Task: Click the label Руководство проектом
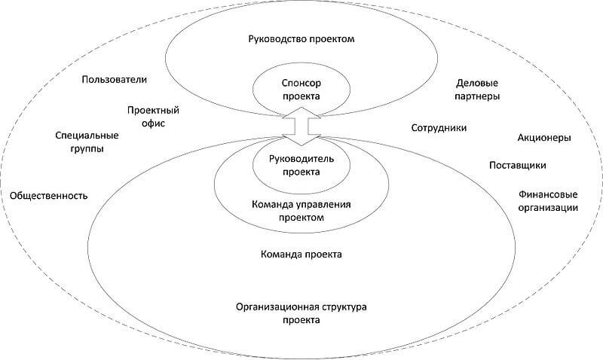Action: [301, 40]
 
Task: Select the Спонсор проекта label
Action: [301, 90]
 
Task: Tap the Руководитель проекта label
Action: [301, 165]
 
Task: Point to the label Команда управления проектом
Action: [301, 211]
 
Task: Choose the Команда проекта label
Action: [301, 255]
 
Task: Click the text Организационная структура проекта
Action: [301, 313]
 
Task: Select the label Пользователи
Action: [115, 80]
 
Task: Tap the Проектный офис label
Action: [153, 117]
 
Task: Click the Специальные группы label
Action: [87, 142]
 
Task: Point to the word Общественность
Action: [49, 196]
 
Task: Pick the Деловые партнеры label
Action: [477, 90]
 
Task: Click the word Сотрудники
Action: [439, 128]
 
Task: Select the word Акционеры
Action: [544, 138]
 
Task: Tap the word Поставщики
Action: [518, 165]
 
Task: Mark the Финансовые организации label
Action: [548, 201]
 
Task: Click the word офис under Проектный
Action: [153, 124]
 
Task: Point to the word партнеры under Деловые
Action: [477, 96]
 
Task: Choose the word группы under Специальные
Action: [87, 149]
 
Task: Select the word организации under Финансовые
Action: [548, 208]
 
